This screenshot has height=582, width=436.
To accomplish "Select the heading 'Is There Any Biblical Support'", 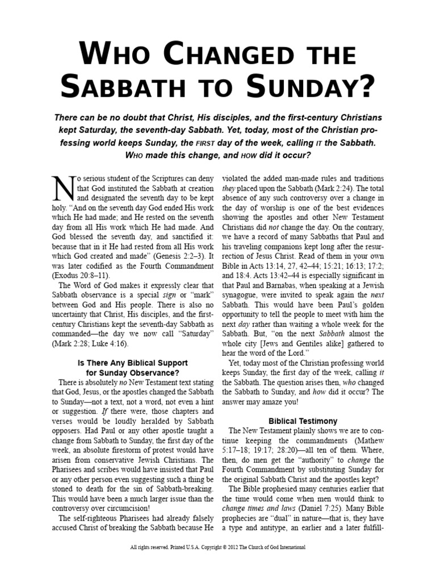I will (129, 363).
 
